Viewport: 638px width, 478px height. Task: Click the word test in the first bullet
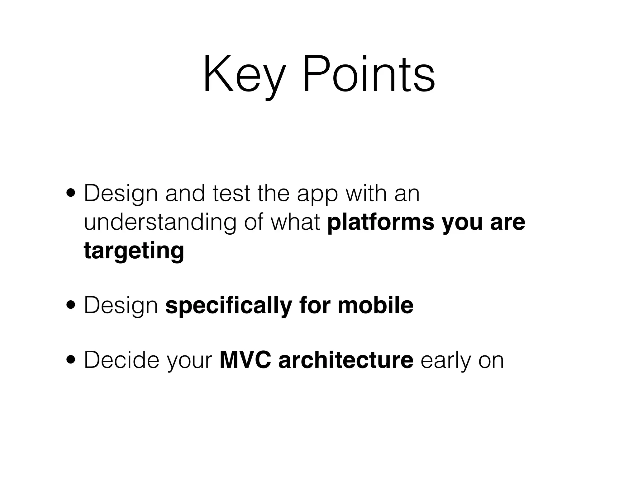coord(231,194)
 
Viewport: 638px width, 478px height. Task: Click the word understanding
coord(160,223)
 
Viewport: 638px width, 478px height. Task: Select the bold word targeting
coord(134,251)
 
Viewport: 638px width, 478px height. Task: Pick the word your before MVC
coord(189,362)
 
